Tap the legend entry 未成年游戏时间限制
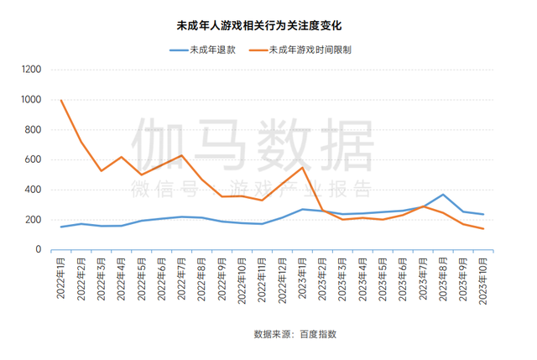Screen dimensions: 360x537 (310, 50)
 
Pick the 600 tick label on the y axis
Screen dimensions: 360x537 (32, 159)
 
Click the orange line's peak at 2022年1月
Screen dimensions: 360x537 (61, 101)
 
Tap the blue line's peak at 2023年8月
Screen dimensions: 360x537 (443, 195)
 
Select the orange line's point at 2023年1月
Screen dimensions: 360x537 (302, 168)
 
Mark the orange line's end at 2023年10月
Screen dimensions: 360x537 (483, 228)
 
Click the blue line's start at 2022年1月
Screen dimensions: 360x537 (61, 227)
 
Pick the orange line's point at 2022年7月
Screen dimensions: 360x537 (181, 155)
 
